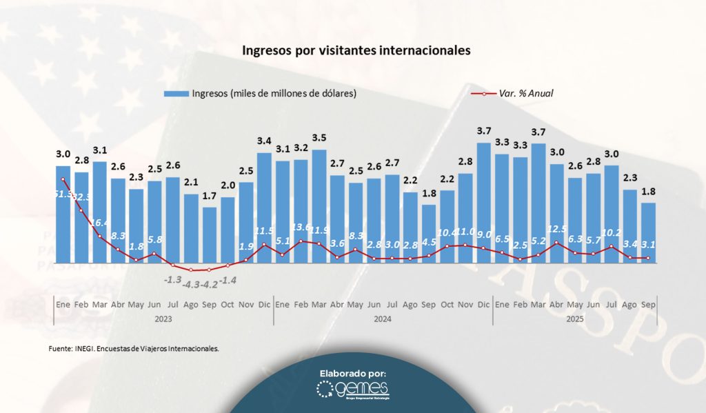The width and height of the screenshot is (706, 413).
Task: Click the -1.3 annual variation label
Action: tap(172, 279)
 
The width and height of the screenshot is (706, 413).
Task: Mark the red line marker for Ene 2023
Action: tap(63, 180)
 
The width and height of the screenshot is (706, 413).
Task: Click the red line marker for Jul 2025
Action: tap(612, 246)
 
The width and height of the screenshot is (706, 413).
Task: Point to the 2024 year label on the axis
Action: tap(383, 319)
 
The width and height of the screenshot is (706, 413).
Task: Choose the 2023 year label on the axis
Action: tap(163, 319)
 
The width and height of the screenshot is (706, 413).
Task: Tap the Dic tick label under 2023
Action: tap(264, 304)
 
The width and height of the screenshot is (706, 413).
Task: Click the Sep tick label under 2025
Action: tap(648, 304)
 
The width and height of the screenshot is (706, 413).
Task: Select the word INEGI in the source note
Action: tap(83, 349)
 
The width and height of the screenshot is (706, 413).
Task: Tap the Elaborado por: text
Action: tap(352, 373)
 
